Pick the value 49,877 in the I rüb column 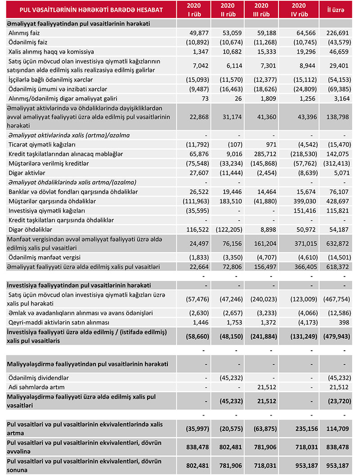(198, 32)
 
